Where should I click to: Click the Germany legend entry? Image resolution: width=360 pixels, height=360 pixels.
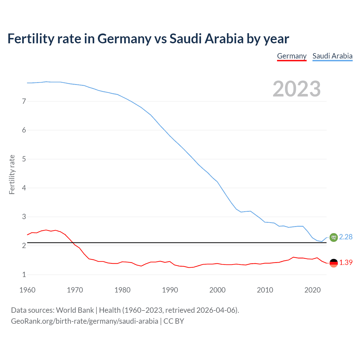[292, 56]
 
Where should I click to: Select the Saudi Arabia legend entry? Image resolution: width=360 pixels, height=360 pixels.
[332, 56]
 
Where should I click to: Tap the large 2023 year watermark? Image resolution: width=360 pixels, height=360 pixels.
[296, 89]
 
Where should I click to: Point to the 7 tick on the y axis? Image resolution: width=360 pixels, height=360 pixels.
[24, 101]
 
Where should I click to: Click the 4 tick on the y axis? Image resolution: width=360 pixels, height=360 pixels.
[24, 188]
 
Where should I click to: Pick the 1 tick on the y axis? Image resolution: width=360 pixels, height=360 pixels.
[24, 274]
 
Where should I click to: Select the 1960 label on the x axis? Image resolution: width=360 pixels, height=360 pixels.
[27, 290]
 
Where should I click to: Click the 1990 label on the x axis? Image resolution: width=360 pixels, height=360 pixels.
[170, 290]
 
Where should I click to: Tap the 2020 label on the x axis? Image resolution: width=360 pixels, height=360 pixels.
[312, 290]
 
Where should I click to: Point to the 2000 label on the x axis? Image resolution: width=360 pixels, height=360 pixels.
[217, 290]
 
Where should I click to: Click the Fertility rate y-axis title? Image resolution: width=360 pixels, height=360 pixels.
[12, 174]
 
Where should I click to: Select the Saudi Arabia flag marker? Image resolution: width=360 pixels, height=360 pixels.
[334, 237]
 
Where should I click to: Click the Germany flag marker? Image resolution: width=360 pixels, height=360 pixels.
[334, 263]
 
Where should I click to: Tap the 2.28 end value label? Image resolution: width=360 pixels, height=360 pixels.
[346, 237]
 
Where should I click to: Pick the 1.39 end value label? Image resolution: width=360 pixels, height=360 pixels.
[346, 262]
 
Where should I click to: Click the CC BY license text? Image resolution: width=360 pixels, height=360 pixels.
[174, 321]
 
